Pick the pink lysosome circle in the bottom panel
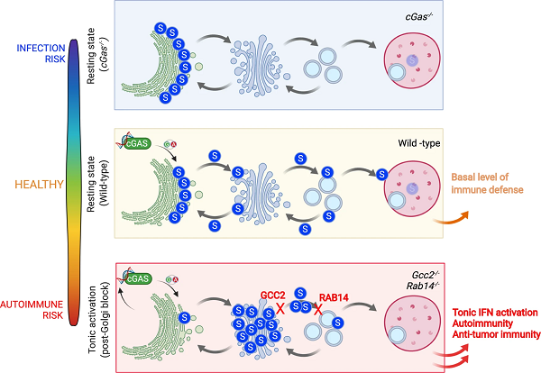click(x=409, y=320)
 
